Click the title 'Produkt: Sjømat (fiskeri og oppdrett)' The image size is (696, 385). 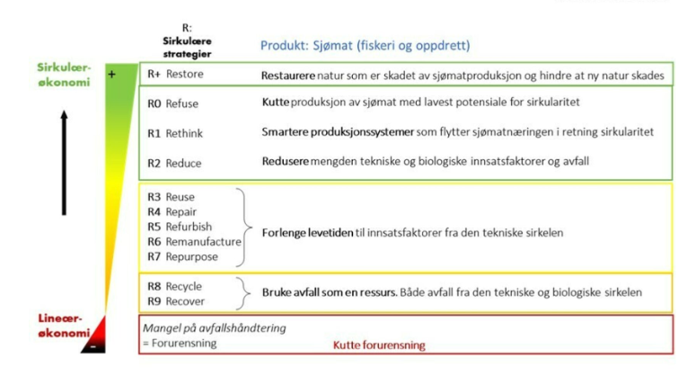[x=365, y=45]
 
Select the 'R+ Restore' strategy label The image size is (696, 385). [x=175, y=76]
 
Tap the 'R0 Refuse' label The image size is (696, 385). [x=172, y=103]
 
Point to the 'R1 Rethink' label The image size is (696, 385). [x=175, y=133]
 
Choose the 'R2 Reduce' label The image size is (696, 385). [x=174, y=163]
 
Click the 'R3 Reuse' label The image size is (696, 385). [x=171, y=197]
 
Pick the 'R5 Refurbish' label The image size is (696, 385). [x=180, y=227]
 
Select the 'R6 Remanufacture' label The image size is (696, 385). [x=194, y=242]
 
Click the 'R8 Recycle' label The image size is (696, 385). [x=174, y=285]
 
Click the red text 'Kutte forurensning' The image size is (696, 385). [x=379, y=345]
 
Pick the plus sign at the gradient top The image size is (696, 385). [x=112, y=75]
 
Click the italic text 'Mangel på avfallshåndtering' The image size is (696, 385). [x=214, y=328]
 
